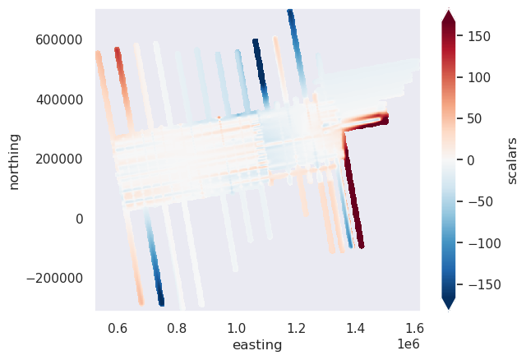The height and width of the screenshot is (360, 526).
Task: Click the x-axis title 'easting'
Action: (x=258, y=345)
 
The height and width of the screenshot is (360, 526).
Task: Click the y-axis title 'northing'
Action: (x=14, y=159)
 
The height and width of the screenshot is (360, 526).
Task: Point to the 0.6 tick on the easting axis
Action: (x=118, y=326)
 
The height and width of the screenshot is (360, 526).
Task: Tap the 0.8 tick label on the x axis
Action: (x=178, y=326)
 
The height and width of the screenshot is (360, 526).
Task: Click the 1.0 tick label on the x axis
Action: (x=237, y=326)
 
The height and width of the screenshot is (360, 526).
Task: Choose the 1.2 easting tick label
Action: (x=297, y=326)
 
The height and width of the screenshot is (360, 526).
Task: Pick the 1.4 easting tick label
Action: (x=356, y=326)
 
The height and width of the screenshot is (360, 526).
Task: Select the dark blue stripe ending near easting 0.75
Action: (x=156, y=279)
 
